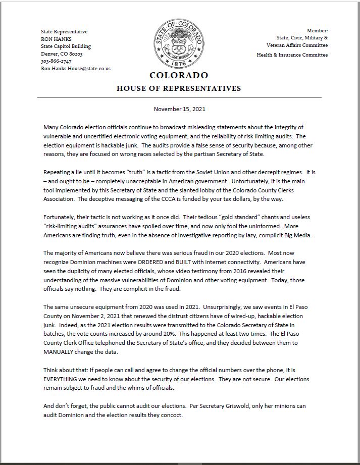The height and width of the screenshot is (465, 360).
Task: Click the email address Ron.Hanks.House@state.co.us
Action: coord(76,68)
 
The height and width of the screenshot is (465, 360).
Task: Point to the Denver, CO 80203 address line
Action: coord(62,54)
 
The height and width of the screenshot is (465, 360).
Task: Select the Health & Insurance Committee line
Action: coord(292,55)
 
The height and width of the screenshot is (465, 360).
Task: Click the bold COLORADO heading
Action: coord(179,76)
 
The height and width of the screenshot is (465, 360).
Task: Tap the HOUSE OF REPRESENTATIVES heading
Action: coord(179,88)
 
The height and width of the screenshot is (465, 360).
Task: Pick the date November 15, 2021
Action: coord(179,109)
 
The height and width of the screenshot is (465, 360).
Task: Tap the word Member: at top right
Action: coord(317,31)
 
